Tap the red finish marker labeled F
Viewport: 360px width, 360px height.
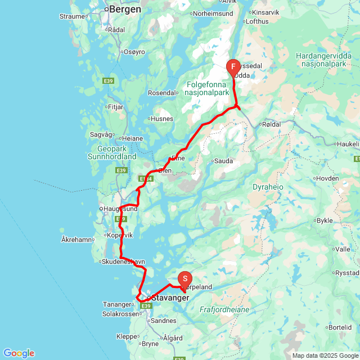(233, 67)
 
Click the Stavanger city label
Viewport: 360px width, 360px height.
(169, 298)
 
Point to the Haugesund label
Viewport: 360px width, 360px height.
(120, 209)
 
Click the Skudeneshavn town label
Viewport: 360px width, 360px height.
(123, 262)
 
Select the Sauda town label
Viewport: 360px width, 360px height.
(224, 161)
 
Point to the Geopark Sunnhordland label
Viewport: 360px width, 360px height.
(112, 152)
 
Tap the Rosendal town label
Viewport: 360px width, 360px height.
(163, 92)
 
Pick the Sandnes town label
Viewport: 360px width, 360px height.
(164, 320)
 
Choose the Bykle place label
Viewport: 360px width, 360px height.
(325, 220)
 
